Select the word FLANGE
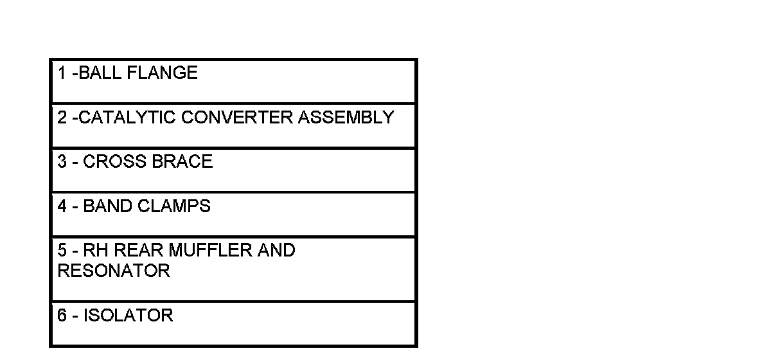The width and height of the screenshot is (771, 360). pyautogui.click(x=163, y=73)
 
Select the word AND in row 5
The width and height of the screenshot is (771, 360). pyautogui.click(x=276, y=250)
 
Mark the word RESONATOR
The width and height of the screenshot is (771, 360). pyautogui.click(x=114, y=271)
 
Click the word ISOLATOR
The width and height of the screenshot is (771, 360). pyautogui.click(x=128, y=316)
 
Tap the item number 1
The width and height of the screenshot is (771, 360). pyautogui.click(x=62, y=73)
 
